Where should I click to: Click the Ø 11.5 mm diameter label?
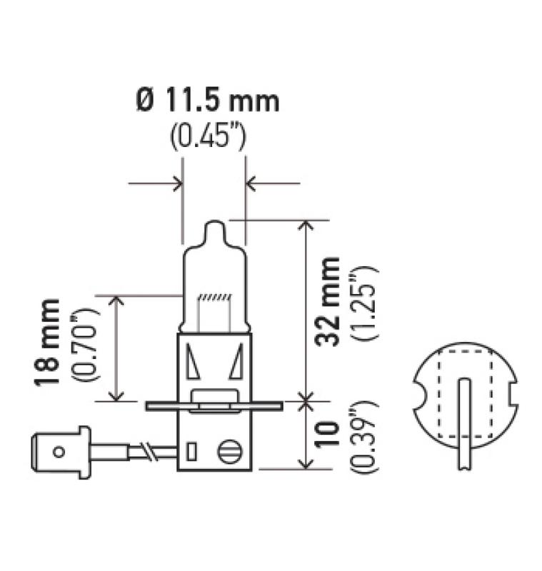[207, 102]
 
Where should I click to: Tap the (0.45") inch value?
[208, 138]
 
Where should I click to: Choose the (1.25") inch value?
[363, 302]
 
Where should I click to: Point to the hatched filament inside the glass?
[214, 297]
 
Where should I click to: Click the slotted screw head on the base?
[229, 452]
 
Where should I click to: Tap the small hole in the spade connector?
[59, 451]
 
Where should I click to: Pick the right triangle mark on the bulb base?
[236, 362]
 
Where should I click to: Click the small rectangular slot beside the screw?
[191, 452]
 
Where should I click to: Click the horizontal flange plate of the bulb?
[214, 406]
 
